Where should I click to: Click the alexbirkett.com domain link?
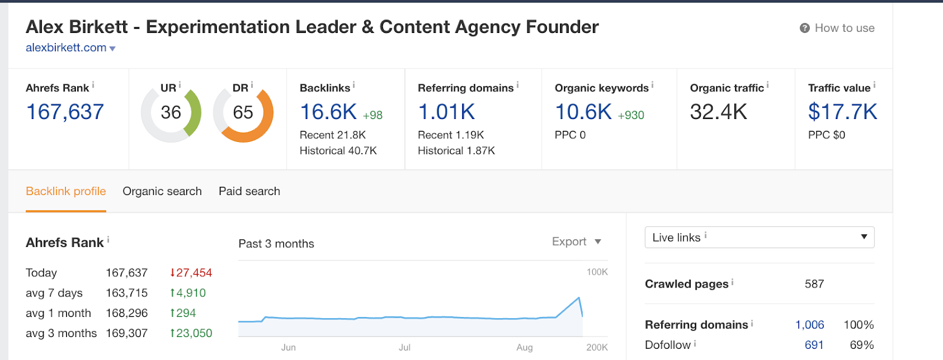click(66, 48)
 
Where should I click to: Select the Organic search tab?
click(162, 191)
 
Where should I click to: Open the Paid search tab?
click(249, 191)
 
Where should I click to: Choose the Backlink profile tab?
click(66, 191)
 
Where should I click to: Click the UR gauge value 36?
click(171, 113)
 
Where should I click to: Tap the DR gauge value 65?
click(243, 113)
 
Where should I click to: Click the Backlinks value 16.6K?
click(328, 112)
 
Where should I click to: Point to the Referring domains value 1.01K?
click(446, 112)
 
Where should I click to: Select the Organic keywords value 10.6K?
click(583, 112)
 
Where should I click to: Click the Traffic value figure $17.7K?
click(842, 112)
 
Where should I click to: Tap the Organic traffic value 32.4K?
click(718, 112)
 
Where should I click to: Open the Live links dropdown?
click(759, 237)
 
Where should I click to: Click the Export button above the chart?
click(576, 242)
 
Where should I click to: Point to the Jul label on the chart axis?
click(404, 348)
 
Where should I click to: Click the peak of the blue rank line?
click(579, 298)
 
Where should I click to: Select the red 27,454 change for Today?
click(191, 273)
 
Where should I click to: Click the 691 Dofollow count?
click(814, 345)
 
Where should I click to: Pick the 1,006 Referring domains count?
click(810, 325)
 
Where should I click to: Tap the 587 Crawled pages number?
click(814, 284)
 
